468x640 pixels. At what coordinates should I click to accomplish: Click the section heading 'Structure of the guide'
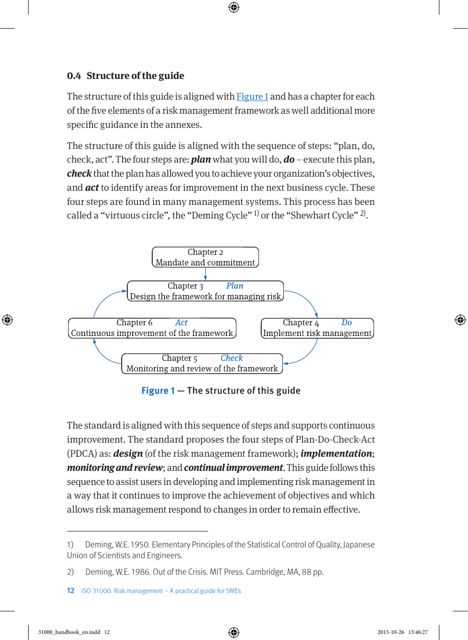click(135, 76)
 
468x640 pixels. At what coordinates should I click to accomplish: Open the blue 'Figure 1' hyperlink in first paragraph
click(252, 97)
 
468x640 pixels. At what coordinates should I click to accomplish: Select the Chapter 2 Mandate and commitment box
click(205, 257)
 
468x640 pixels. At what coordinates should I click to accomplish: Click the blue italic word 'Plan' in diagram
click(234, 286)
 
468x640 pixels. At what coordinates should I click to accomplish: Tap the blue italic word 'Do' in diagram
click(346, 323)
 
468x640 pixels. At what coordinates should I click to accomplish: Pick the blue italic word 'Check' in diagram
click(232, 358)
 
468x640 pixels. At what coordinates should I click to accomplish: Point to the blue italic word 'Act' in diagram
click(181, 323)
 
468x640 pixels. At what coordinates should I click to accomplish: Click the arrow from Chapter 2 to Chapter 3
click(205, 274)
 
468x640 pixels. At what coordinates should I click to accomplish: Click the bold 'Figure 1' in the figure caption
click(158, 391)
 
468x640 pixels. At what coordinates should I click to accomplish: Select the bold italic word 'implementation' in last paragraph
click(336, 453)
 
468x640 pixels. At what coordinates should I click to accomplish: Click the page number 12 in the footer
click(70, 591)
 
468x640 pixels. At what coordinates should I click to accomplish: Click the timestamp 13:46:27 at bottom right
click(417, 633)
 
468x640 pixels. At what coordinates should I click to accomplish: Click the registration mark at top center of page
click(234, 7)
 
